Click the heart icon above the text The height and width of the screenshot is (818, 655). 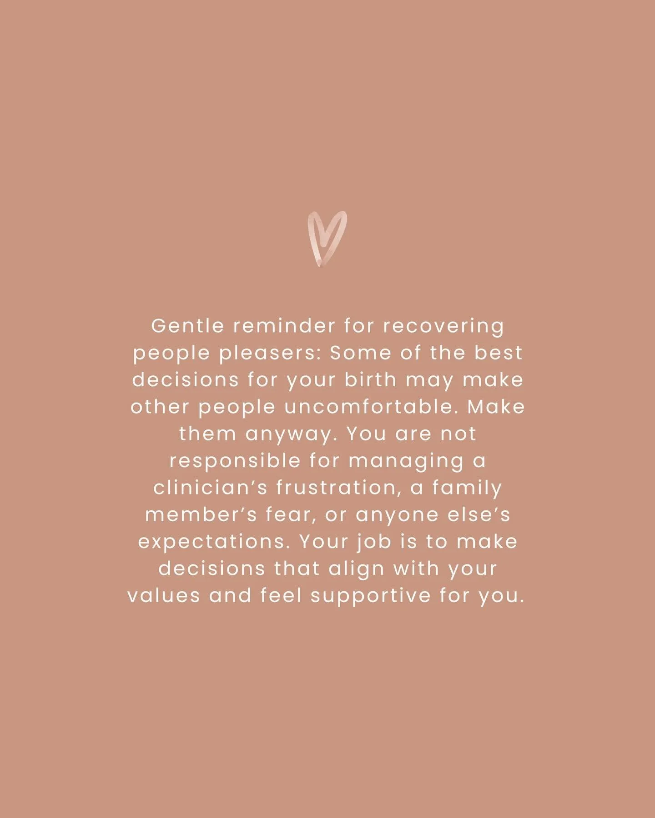327,239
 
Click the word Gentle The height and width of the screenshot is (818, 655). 187,326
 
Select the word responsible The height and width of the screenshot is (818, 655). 235,461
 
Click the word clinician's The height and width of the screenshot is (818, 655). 211,488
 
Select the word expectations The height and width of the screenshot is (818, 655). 214,542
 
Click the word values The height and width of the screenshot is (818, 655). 164,595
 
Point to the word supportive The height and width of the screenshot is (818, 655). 371,596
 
